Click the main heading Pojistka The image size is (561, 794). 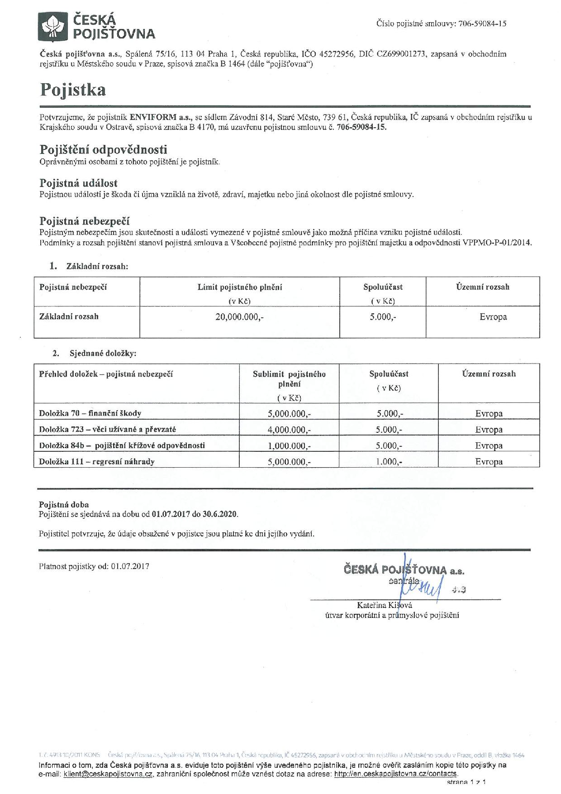pyautogui.click(x=73, y=90)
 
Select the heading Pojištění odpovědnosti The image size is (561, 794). pyautogui.click(x=103, y=149)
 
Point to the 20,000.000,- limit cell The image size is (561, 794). pyautogui.click(x=239, y=317)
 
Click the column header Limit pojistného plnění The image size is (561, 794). pyautogui.click(x=240, y=287)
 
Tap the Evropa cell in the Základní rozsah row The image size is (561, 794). pyautogui.click(x=493, y=317)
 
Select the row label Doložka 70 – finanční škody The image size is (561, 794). pyautogui.click(x=90, y=413)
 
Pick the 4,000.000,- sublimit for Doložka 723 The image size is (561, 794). pyautogui.click(x=289, y=430)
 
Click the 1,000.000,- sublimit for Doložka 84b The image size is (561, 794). pyautogui.click(x=289, y=446)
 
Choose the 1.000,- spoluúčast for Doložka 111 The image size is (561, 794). pyautogui.click(x=389, y=462)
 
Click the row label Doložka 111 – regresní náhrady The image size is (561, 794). pyautogui.click(x=97, y=462)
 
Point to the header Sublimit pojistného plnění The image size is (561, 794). pyautogui.click(x=289, y=379)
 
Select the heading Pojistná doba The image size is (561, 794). pyautogui.click(x=64, y=505)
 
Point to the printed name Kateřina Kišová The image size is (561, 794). pyautogui.click(x=384, y=605)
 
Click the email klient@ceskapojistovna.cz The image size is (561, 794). pyautogui.click(x=108, y=775)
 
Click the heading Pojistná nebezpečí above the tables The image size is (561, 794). pyautogui.click(x=85, y=221)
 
